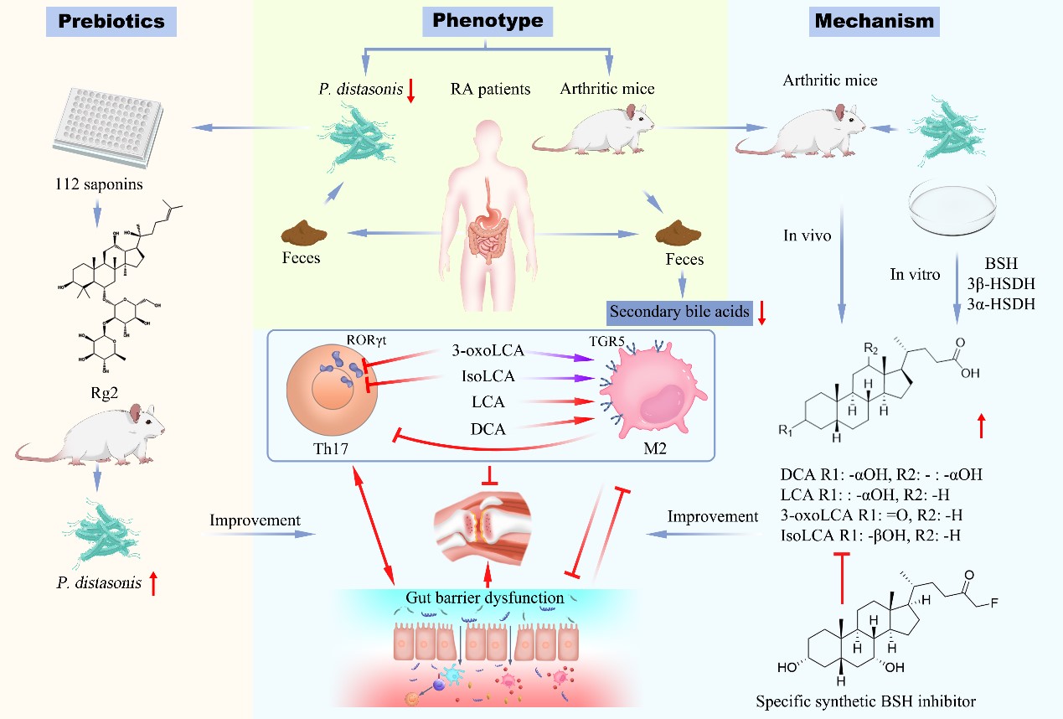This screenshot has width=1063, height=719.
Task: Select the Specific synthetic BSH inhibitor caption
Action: [866, 701]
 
